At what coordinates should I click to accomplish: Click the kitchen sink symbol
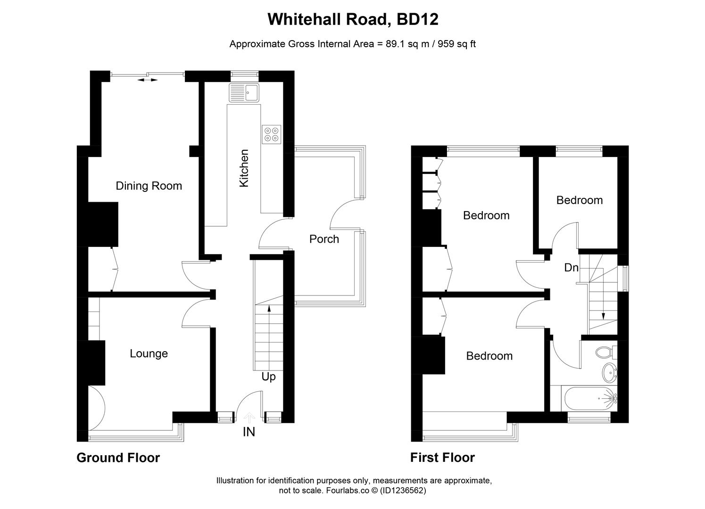coord(244,92)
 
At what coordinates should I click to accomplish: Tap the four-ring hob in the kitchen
coord(271,134)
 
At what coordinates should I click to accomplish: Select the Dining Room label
coord(149,186)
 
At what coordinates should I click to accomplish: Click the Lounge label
coord(149,353)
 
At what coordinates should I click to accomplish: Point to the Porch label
coord(324,239)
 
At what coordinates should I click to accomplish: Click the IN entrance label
coord(249,432)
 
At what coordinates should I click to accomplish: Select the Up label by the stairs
coord(268,377)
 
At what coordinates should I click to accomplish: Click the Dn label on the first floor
coord(571,268)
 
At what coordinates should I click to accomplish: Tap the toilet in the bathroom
coord(605,352)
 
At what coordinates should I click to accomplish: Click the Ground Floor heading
coord(118,458)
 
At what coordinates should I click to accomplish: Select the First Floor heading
coord(442,458)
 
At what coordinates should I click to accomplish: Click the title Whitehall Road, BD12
coord(353,19)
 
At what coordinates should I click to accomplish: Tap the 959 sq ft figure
coord(457,44)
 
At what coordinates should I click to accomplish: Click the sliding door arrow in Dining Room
coord(148,80)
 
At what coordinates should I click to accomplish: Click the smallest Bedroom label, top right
coord(579,200)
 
